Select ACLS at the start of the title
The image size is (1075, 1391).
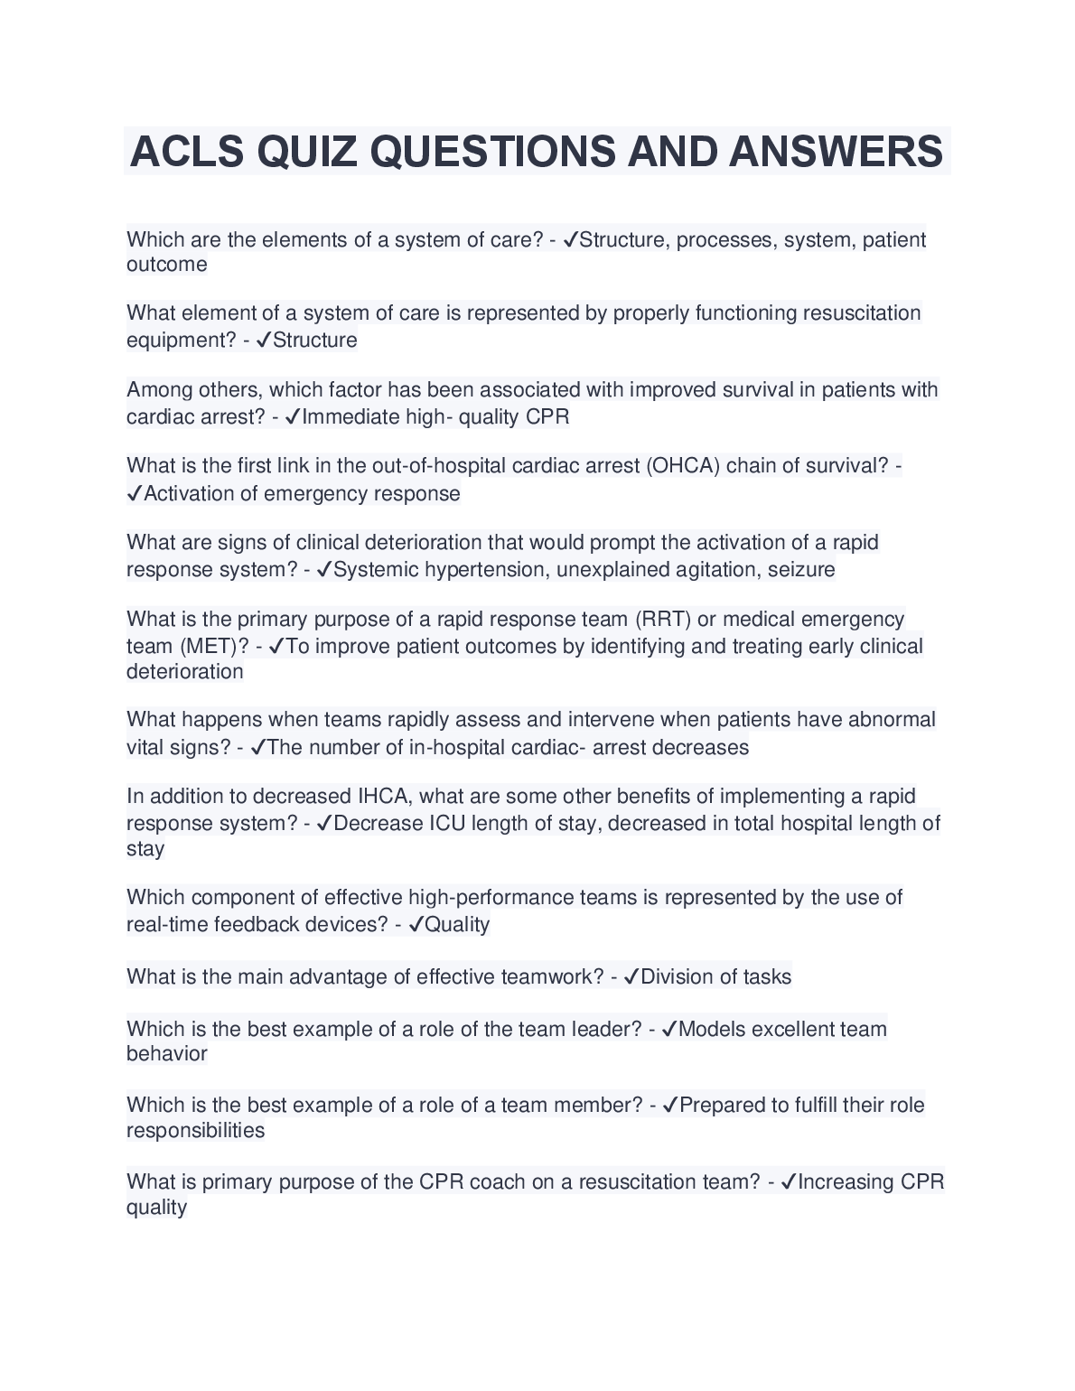tap(187, 151)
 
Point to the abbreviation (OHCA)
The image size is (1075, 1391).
tap(682, 466)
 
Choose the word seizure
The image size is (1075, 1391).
tap(801, 570)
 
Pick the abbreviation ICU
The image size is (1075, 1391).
tap(446, 824)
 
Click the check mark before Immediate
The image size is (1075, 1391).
tap(292, 417)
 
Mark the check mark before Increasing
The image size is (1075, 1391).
tap(788, 1182)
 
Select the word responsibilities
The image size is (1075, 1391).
tap(195, 1131)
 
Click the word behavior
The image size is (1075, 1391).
tap(167, 1054)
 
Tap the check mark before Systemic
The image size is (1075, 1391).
tap(324, 570)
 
